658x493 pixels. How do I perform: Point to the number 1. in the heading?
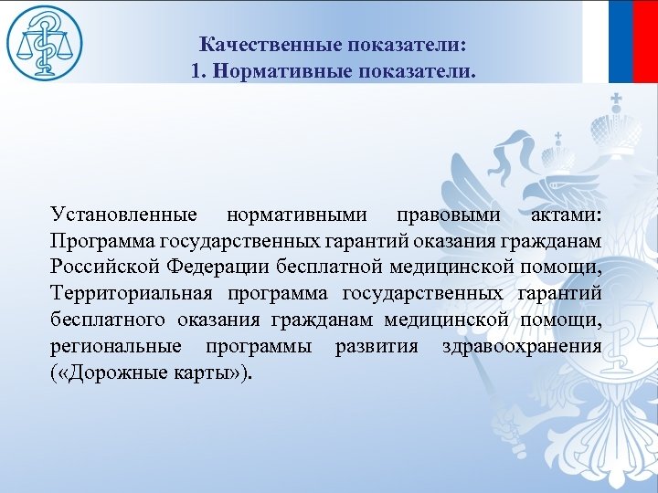(200, 70)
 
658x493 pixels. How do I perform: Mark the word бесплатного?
(108, 320)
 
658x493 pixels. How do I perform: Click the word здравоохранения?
(521, 347)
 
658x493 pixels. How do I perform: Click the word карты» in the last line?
(217, 373)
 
